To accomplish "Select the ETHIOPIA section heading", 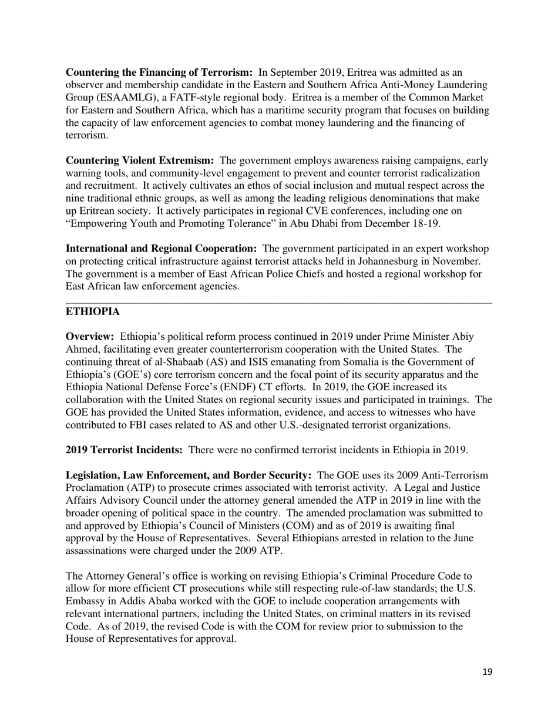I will click(x=93, y=312).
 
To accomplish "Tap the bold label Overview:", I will click(x=90, y=337).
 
